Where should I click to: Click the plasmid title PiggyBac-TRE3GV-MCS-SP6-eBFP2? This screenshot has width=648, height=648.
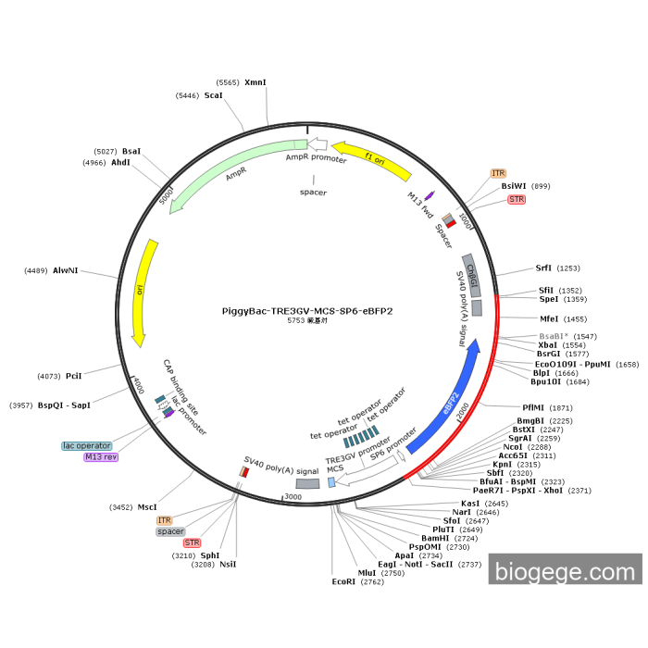tap(307, 311)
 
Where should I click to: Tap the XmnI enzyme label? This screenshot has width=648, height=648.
tap(255, 82)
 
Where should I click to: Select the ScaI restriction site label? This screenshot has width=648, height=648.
tap(213, 95)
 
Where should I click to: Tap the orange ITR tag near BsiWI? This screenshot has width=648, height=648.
tap(498, 173)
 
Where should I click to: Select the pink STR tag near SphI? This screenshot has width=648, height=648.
tap(192, 542)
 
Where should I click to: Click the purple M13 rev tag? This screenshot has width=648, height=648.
tap(101, 457)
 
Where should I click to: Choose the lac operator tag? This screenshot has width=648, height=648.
tap(87, 445)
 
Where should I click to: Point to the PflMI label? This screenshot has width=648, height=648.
tap(534, 407)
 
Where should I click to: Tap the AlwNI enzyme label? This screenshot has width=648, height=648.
tap(65, 270)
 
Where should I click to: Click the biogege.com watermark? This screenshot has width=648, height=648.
tap(565, 572)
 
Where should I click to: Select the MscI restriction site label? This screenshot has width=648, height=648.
tap(147, 506)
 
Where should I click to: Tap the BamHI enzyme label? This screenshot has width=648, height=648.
tap(435, 537)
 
